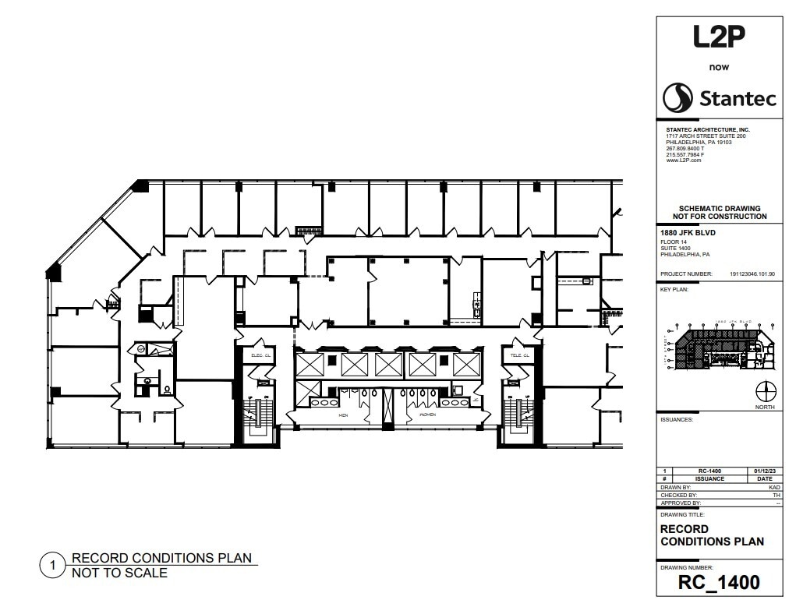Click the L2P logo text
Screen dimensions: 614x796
(719, 37)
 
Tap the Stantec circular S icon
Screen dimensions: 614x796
(677, 98)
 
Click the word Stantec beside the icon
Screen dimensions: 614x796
(737, 99)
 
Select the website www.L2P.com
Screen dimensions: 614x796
(684, 160)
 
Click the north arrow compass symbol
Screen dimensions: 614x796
(766, 391)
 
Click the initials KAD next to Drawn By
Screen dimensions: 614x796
(774, 486)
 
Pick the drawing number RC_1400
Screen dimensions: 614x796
(719, 582)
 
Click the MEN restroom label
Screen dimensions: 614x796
(343, 416)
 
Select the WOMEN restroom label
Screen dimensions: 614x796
(427, 416)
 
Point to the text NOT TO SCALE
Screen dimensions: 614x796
(119, 573)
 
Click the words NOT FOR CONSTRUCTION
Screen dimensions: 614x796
(720, 217)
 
